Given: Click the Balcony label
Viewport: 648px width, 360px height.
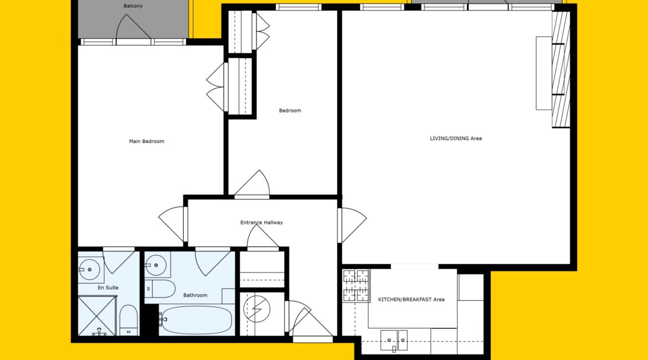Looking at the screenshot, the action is (133, 6).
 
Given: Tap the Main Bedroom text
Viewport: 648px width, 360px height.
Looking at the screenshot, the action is (147, 141).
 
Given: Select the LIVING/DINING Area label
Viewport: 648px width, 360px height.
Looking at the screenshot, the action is (456, 138).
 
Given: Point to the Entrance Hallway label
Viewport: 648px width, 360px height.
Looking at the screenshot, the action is (261, 222).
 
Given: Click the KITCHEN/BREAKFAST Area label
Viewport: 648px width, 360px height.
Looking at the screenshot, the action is (411, 299).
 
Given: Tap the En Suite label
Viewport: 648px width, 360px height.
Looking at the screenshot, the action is (108, 287).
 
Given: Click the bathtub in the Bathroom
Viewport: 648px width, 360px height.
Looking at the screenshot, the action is (197, 320).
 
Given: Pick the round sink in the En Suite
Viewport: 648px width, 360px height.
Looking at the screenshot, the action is (89, 270).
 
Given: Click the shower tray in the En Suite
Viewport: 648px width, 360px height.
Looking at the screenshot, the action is (97, 316).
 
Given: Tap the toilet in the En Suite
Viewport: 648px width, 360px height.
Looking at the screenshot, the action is (128, 320).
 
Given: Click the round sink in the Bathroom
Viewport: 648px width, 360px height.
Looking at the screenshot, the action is (156, 265).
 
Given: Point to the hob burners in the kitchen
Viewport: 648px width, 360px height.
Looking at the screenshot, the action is (356, 285).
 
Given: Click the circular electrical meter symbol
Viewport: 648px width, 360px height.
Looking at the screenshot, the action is (256, 308).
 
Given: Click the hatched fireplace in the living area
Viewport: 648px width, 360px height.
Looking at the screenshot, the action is (561, 69).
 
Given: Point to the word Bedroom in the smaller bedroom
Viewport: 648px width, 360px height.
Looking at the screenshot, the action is (290, 110).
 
